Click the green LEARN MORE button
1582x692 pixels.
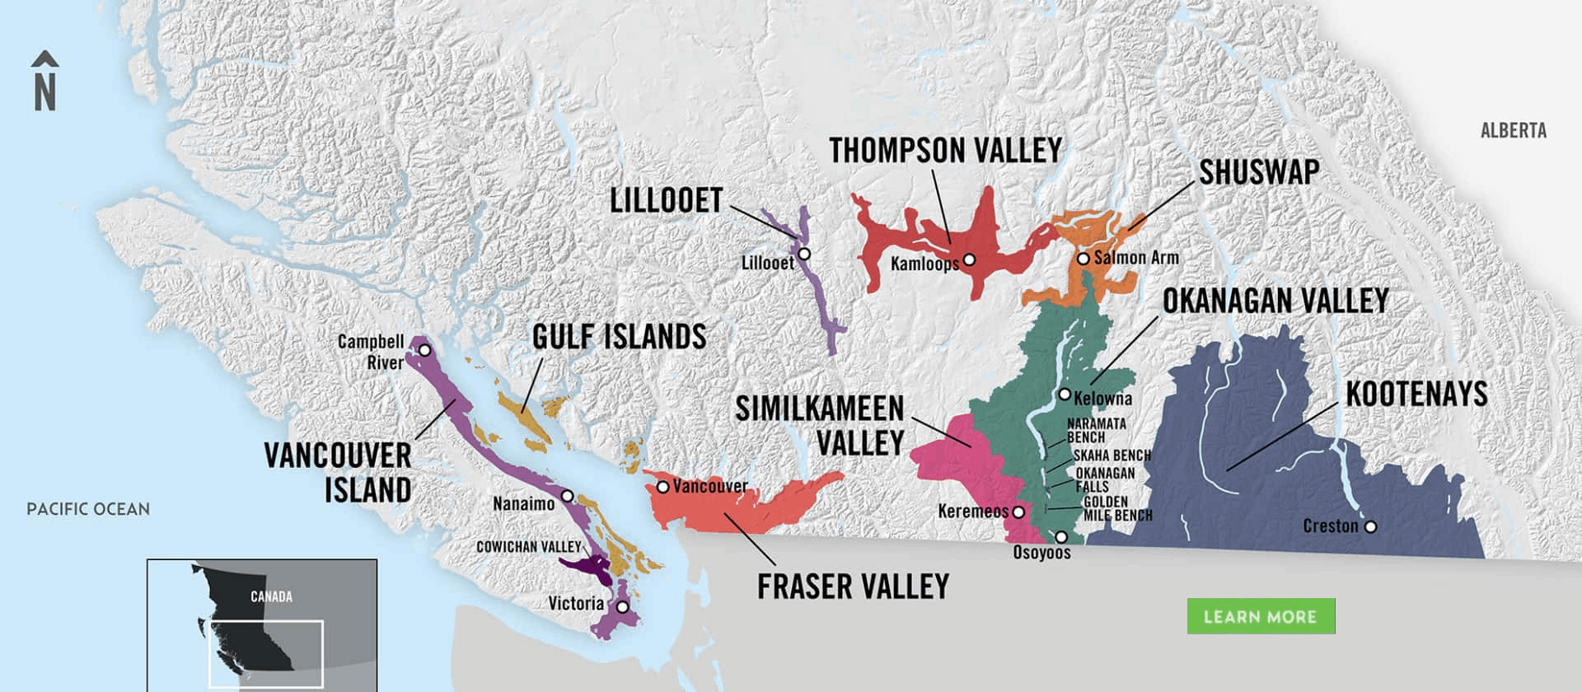(1260, 616)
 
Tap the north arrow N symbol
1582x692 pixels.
(45, 82)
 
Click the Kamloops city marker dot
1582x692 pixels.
(969, 259)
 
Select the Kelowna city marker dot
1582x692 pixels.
(1065, 395)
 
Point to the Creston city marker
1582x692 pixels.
(1370, 526)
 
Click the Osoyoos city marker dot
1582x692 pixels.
(1061, 537)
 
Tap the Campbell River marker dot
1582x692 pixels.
(424, 350)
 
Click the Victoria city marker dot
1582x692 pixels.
(623, 607)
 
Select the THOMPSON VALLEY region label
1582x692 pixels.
(945, 151)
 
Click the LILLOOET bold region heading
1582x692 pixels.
(666, 201)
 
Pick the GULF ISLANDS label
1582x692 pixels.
(619, 337)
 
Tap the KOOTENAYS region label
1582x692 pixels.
(1416, 395)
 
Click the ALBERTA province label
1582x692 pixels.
(1513, 131)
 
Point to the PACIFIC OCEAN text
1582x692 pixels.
(88, 509)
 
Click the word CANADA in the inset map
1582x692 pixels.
(271, 596)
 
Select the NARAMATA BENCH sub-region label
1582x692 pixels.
(1096, 430)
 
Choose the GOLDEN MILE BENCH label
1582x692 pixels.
(1116, 508)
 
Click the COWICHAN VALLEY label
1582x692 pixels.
(529, 547)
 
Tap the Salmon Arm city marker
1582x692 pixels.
(1083, 259)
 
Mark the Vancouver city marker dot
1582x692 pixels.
(662, 487)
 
